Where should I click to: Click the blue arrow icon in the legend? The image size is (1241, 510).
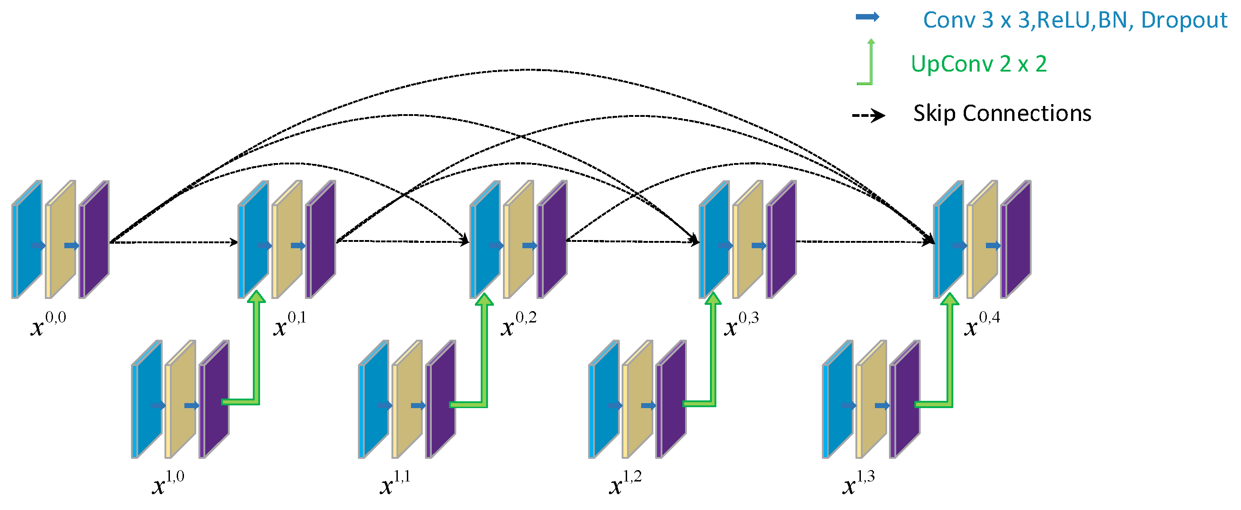tap(867, 17)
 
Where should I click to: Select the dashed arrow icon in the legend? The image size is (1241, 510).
tap(868, 115)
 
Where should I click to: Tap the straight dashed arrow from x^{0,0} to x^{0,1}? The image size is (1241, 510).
tap(174, 242)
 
